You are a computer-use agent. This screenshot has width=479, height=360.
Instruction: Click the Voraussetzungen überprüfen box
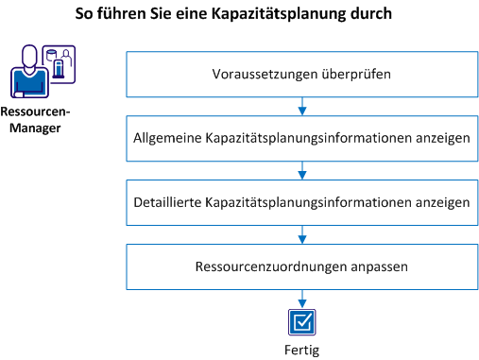[x=300, y=73]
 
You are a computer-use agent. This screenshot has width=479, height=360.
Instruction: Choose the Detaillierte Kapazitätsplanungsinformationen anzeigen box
[x=300, y=201]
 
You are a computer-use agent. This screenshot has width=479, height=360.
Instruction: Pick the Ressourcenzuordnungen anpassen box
[x=300, y=266]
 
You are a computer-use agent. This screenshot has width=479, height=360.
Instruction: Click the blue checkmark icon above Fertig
[x=301, y=322]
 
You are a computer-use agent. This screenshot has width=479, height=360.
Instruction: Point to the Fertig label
[x=301, y=350]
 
